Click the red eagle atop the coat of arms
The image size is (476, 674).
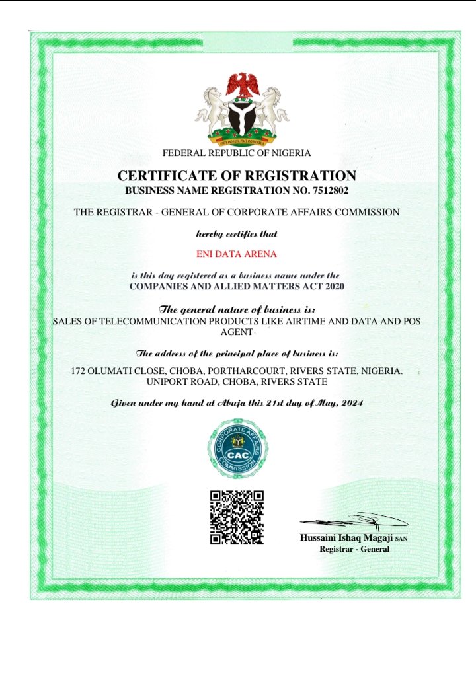click(238, 85)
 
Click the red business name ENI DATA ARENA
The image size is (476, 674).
click(237, 254)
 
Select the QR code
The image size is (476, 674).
click(237, 517)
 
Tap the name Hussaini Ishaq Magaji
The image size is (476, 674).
click(347, 539)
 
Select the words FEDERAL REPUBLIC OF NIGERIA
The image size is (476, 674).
click(237, 153)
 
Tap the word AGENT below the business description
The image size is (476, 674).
click(237, 332)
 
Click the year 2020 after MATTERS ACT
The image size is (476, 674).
click(333, 286)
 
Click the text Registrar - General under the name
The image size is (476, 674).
click(354, 549)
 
